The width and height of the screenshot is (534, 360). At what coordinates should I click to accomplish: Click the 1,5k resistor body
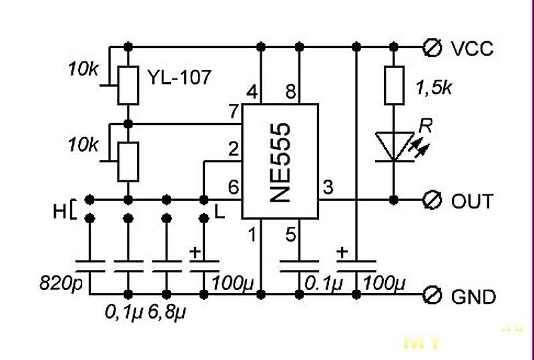click(x=394, y=85)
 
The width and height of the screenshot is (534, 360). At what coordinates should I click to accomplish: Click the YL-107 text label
click(x=178, y=77)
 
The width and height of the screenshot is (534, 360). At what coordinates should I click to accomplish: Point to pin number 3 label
click(x=327, y=188)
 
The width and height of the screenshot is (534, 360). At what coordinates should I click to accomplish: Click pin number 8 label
click(x=290, y=93)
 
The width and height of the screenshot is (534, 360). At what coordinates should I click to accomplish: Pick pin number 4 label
click(x=251, y=93)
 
